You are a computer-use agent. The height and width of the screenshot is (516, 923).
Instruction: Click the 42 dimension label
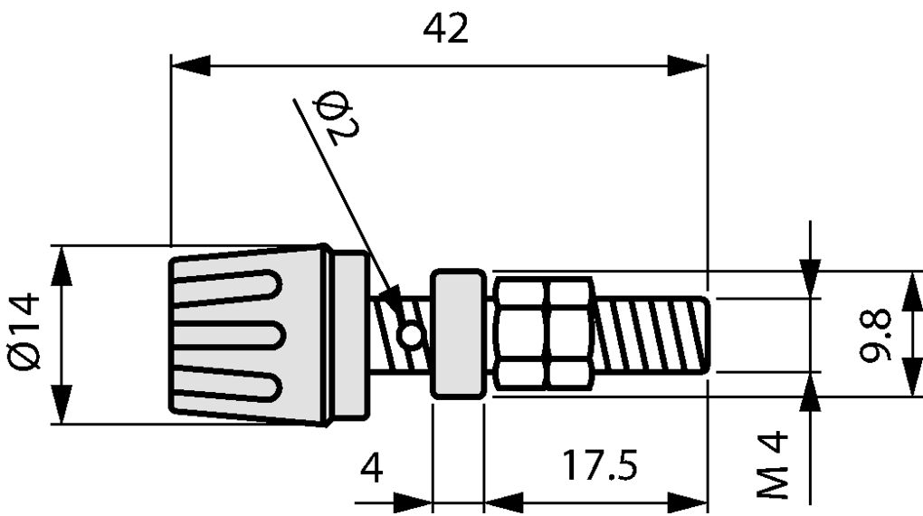pyautogui.click(x=446, y=30)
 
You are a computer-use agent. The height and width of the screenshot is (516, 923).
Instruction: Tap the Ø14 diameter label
pyautogui.click(x=26, y=330)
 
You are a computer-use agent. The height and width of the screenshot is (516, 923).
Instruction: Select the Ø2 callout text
pyautogui.click(x=338, y=117)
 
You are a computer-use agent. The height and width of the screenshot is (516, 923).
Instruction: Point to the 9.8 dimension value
pyautogui.click(x=877, y=335)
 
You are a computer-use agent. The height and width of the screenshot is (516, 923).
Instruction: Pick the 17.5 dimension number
pyautogui.click(x=598, y=466)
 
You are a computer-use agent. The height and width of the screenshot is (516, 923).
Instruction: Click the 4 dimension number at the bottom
pyautogui.click(x=372, y=468)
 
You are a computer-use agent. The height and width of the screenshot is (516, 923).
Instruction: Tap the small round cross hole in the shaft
pyautogui.click(x=412, y=335)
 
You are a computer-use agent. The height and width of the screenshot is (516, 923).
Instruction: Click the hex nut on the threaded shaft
pyautogui.click(x=543, y=331)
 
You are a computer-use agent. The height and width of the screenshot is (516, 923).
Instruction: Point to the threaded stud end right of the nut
pyautogui.click(x=652, y=335)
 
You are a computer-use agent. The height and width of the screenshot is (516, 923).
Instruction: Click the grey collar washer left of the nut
pyautogui.click(x=458, y=334)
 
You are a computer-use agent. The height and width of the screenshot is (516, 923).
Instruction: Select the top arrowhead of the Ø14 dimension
pyautogui.click(x=62, y=264)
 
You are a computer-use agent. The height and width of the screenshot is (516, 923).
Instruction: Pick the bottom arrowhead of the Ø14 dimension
pyautogui.click(x=62, y=404)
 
